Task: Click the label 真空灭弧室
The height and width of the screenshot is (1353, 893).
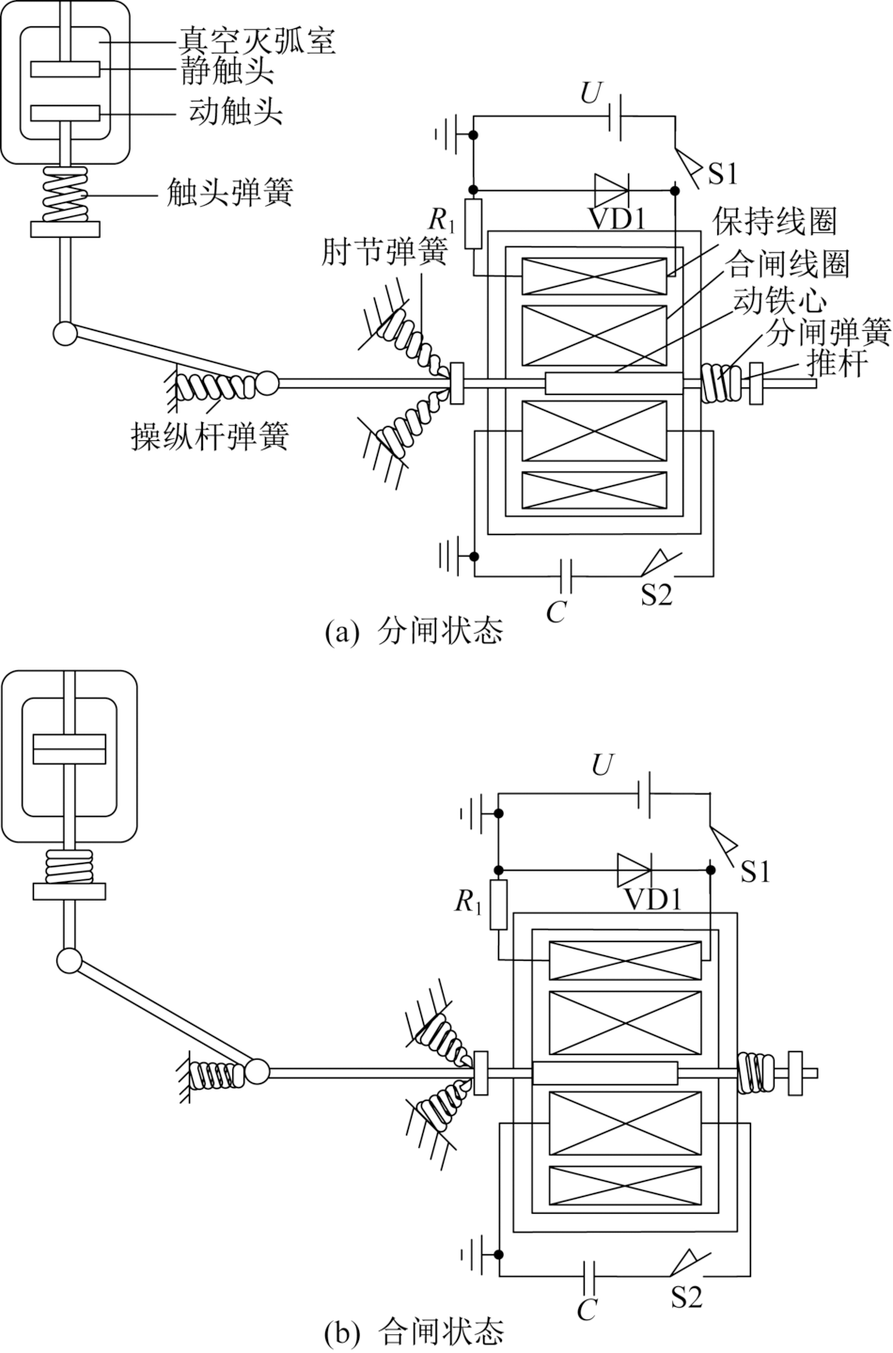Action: click(x=256, y=41)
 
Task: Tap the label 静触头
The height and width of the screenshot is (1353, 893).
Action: click(x=227, y=71)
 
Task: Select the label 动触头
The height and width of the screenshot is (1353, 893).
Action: click(x=236, y=112)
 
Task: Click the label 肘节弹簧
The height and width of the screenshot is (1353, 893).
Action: click(x=384, y=252)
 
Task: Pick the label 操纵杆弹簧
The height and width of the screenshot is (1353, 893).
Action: click(x=211, y=436)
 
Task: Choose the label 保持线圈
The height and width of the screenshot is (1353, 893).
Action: click(x=775, y=222)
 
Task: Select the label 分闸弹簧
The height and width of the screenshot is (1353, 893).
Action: click(x=829, y=331)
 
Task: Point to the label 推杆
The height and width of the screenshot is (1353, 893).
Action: click(x=837, y=363)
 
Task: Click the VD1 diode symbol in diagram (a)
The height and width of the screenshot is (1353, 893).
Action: click(x=611, y=190)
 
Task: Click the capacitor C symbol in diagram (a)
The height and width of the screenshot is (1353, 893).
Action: click(x=567, y=575)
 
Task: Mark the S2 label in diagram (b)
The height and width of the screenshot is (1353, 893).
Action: click(x=686, y=1296)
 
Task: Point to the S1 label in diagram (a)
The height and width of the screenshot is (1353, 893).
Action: click(x=723, y=175)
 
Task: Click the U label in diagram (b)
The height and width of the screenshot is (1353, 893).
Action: click(x=602, y=765)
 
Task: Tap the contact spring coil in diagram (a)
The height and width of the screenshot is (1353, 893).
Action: click(x=64, y=195)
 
